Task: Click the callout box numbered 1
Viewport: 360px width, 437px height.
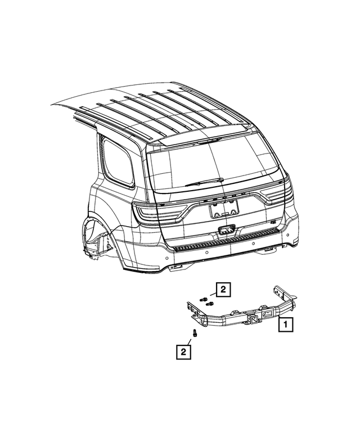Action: click(285, 325)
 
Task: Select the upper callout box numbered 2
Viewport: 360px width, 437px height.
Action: click(223, 290)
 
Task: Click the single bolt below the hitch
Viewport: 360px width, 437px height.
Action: click(195, 333)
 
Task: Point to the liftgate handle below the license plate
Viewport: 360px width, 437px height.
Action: click(226, 229)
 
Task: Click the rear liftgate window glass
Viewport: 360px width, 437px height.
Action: click(214, 163)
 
